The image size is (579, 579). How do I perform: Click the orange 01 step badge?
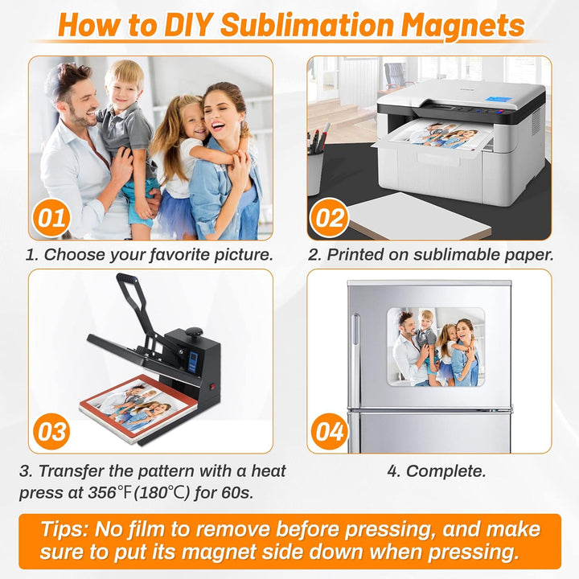click(x=51, y=217)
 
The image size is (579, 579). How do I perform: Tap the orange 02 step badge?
click(x=329, y=217)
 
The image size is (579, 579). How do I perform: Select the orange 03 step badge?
click(x=51, y=431)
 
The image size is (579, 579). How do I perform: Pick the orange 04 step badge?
click(x=329, y=431)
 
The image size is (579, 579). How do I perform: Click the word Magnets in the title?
click(x=462, y=26)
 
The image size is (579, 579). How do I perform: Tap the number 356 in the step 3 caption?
click(x=102, y=492)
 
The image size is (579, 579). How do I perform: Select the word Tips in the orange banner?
click(x=64, y=529)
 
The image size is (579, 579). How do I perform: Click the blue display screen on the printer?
click(x=499, y=100)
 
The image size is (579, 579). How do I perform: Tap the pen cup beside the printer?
click(x=315, y=173)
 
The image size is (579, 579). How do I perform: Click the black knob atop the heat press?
click(x=194, y=332)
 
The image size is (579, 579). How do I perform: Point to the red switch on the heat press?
click(x=212, y=388)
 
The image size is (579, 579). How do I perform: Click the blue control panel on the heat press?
click(x=192, y=362)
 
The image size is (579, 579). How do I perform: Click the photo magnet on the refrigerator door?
click(x=436, y=347)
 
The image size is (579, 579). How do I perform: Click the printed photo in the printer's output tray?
click(x=439, y=136)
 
